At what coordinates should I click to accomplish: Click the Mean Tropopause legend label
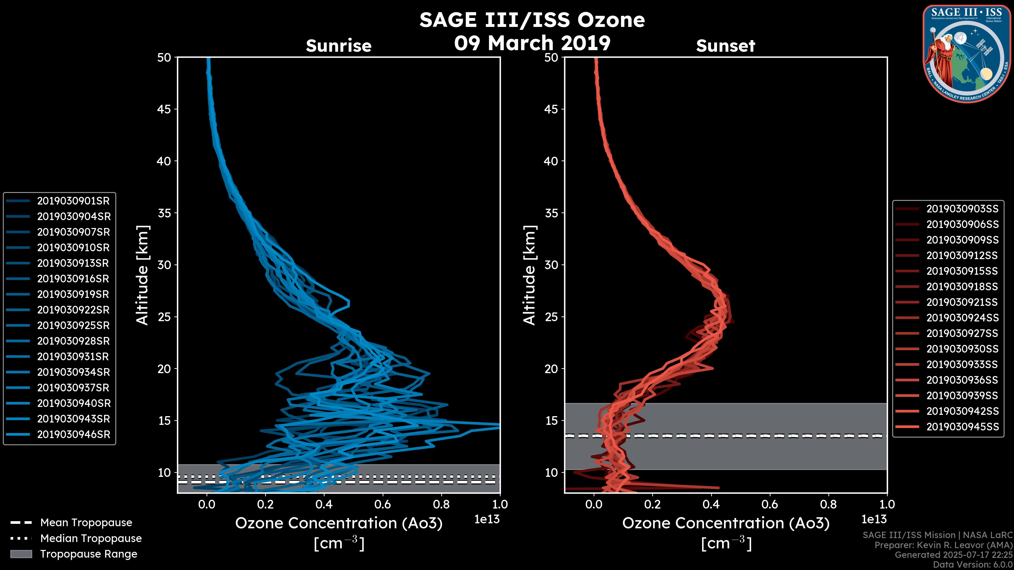pyautogui.click(x=86, y=523)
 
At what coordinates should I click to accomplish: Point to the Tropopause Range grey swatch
pyautogui.click(x=21, y=554)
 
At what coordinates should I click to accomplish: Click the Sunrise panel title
pyautogui.click(x=339, y=46)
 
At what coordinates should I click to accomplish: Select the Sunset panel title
pyautogui.click(x=725, y=46)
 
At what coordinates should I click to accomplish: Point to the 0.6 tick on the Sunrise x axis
pyautogui.click(x=383, y=504)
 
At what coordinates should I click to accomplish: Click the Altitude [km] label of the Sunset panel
pyautogui.click(x=529, y=275)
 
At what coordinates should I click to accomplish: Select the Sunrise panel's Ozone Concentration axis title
pyautogui.click(x=339, y=524)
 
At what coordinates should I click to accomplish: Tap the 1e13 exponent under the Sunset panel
pyautogui.click(x=874, y=520)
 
